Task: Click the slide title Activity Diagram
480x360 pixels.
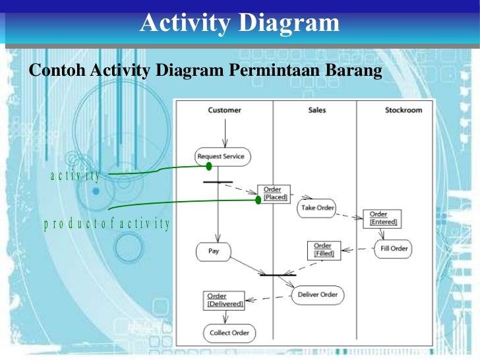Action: (239, 23)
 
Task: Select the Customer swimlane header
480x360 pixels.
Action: (224, 110)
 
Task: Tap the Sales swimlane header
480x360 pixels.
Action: (316, 110)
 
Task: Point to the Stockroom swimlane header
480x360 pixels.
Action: (403, 110)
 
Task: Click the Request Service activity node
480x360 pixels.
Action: (221, 156)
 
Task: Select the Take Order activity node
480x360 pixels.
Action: (317, 208)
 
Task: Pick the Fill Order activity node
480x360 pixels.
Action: (394, 249)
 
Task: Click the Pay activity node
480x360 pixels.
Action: (214, 251)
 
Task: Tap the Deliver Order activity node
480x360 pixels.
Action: (317, 295)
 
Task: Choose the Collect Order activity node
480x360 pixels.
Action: (229, 333)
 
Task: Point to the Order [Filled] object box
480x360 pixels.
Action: (324, 250)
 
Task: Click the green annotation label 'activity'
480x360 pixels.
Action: (75, 175)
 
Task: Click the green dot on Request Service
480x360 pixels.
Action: (209, 166)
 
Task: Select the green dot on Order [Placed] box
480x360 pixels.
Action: (258, 199)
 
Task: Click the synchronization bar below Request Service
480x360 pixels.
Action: (218, 181)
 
